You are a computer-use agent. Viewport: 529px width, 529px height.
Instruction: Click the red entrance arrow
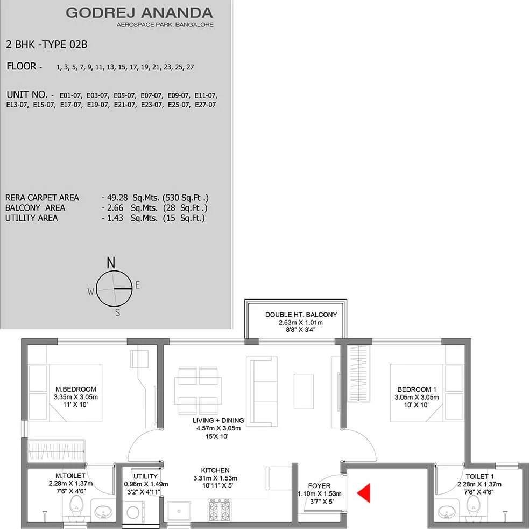[x=364, y=493]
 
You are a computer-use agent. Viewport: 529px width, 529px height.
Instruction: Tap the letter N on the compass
[x=111, y=262]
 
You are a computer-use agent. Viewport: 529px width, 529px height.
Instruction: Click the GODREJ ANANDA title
[x=139, y=13]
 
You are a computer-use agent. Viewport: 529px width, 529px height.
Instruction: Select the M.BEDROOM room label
[x=75, y=389]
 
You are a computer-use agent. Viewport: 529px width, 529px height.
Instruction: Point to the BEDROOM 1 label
[x=417, y=389]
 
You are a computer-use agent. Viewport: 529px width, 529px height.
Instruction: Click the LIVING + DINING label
[x=218, y=420]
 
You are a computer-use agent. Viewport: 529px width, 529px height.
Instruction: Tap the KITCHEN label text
[x=215, y=470]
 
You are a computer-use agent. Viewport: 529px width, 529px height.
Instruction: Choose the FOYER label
[x=319, y=486]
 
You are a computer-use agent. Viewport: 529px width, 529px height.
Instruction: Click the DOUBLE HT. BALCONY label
[x=301, y=315]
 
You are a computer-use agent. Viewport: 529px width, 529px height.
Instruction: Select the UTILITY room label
[x=145, y=476]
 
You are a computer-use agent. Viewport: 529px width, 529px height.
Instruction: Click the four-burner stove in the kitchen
[x=219, y=510]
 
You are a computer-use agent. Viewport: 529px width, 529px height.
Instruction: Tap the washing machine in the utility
[x=133, y=512]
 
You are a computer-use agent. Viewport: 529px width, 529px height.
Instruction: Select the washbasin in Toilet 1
[x=446, y=512]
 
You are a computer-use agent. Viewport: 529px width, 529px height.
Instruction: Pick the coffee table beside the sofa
[x=304, y=392]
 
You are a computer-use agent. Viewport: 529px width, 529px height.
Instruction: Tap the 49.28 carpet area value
[x=117, y=198]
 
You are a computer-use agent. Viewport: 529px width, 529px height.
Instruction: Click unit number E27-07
[x=206, y=105]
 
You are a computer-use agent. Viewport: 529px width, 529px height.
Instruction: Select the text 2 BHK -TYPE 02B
[x=47, y=45]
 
